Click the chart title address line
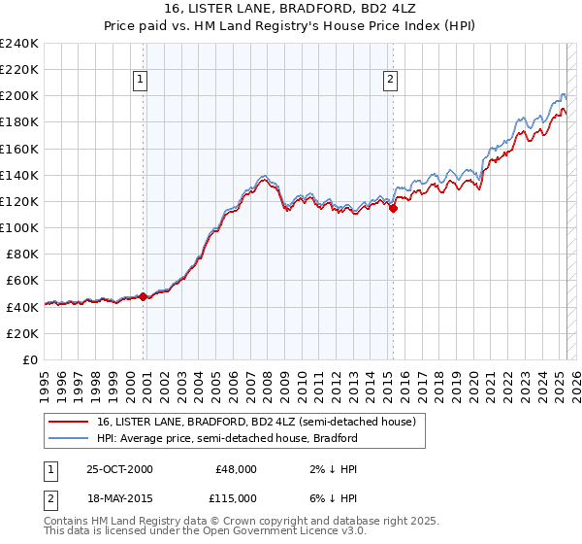coord(291,8)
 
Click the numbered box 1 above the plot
coord(142,80)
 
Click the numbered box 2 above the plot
coord(390,80)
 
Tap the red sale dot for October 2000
coord(144,296)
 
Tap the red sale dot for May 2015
coord(394,207)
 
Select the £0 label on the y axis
coord(30,359)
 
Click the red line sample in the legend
coord(69,422)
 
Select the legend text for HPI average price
coord(227,438)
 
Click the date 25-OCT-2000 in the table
coord(119,468)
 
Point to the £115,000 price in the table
coord(236,497)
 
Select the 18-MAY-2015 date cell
coord(119,497)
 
